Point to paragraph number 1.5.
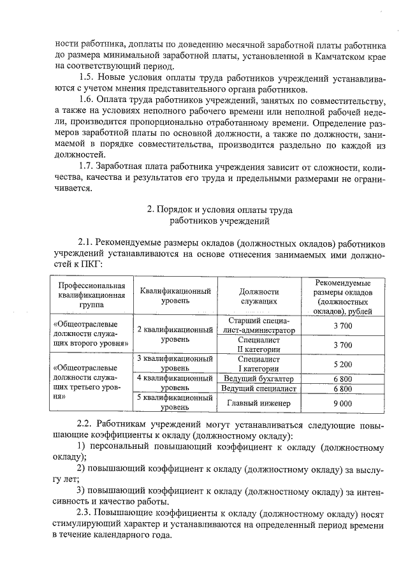point(86,77)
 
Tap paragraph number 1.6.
point(86,102)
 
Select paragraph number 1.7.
point(86,167)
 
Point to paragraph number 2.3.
point(86,512)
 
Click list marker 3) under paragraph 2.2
point(82,490)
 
